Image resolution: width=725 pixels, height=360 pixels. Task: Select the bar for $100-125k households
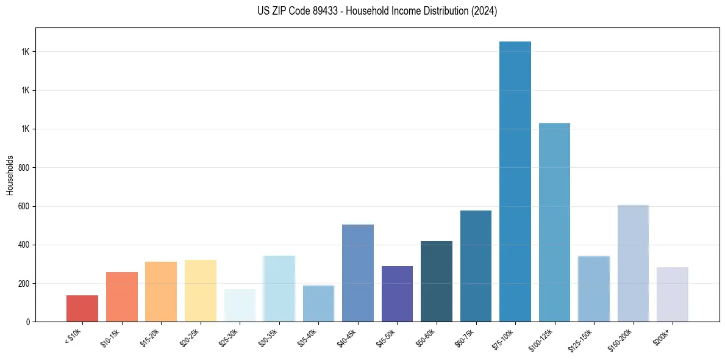(x=554, y=222)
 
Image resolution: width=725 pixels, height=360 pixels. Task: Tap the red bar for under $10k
(x=82, y=308)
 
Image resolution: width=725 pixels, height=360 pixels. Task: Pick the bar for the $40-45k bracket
(x=358, y=273)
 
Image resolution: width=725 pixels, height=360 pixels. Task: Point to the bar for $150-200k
(x=633, y=263)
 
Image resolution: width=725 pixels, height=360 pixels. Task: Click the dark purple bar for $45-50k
(x=397, y=293)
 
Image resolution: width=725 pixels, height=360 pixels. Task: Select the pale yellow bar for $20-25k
(x=201, y=290)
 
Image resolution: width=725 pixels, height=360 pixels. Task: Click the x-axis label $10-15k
(x=110, y=337)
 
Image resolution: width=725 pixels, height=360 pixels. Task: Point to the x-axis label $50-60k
(x=425, y=337)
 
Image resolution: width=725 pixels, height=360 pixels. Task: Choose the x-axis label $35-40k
(x=307, y=337)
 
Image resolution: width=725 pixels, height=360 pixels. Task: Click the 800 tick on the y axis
(x=24, y=168)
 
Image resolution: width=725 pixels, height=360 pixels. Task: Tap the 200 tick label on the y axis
(x=24, y=284)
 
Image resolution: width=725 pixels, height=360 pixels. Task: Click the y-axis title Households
(x=10, y=175)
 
